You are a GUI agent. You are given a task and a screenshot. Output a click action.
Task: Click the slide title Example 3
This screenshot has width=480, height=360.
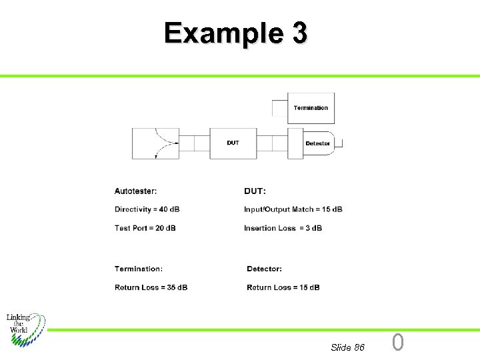pos(236,33)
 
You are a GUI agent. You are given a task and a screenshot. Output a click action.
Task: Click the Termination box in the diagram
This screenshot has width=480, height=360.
pos(311,108)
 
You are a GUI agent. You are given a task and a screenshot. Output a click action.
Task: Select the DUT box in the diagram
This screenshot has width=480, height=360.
pos(233,143)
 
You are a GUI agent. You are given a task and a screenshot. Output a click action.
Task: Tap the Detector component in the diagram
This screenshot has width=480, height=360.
pos(316,143)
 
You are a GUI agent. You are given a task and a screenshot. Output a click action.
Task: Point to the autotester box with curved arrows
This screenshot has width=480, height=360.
pos(156,143)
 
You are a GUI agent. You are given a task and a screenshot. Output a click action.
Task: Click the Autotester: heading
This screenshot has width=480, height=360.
pos(136,191)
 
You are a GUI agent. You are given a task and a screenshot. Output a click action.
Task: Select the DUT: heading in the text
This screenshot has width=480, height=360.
pos(255,191)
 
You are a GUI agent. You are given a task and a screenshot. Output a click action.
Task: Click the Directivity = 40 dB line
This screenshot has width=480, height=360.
pos(147,209)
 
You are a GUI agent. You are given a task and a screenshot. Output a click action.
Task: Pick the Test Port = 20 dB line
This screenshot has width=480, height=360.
pos(145,228)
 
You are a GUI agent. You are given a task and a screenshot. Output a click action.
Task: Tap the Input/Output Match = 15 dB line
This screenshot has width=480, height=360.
pos(293,209)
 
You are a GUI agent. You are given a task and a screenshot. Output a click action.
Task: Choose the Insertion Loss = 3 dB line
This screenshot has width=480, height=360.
pos(283,228)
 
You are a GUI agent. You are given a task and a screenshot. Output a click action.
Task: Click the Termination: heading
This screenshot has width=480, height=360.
pos(138,269)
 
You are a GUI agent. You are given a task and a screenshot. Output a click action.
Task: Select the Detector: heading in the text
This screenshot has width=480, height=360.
pos(264,269)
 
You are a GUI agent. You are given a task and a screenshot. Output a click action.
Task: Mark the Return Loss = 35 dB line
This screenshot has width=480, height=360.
pos(151,287)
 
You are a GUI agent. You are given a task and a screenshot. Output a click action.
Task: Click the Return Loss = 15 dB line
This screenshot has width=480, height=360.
pos(283,287)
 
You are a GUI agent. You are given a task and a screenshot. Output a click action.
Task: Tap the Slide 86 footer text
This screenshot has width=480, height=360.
pos(347,347)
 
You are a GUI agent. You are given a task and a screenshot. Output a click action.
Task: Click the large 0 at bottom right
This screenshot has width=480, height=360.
pos(397,343)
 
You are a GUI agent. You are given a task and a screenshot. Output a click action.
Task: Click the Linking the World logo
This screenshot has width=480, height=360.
pos(26,329)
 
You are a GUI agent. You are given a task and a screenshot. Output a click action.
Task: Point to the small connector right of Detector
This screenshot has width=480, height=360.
pos(338,143)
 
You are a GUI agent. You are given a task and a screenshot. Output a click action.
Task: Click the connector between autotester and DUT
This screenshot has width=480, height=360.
pos(195,143)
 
